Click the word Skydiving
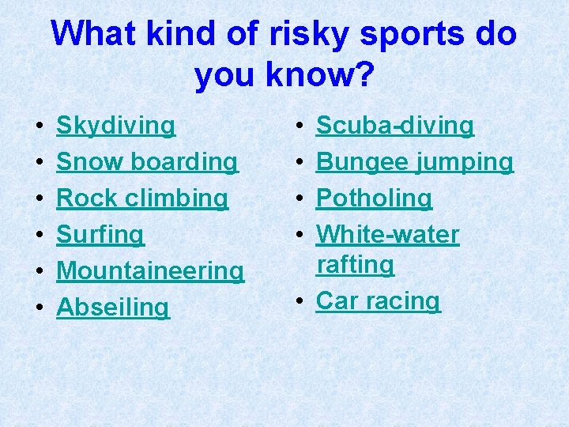[116, 126]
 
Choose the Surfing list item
[100, 235]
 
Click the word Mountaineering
[150, 271]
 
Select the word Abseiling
[113, 308]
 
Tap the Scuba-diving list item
[395, 126]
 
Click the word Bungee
[360, 162]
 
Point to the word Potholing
[375, 198]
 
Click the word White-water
[387, 235]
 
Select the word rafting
[355, 265]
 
